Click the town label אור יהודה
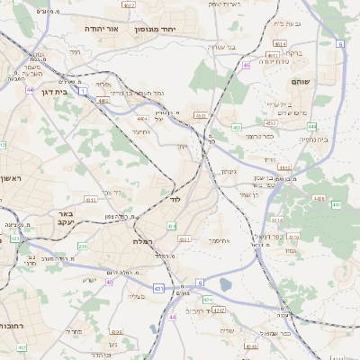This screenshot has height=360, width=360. [101, 29]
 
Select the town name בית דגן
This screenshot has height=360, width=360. [57, 91]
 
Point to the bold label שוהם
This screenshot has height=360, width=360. [300, 82]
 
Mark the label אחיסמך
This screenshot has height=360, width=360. [219, 241]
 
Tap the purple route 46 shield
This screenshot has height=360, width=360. [246, 65]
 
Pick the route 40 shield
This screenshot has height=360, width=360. [110, 282]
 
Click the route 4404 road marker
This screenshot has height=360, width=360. [142, 118]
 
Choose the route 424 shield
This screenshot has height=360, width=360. [207, 299]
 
